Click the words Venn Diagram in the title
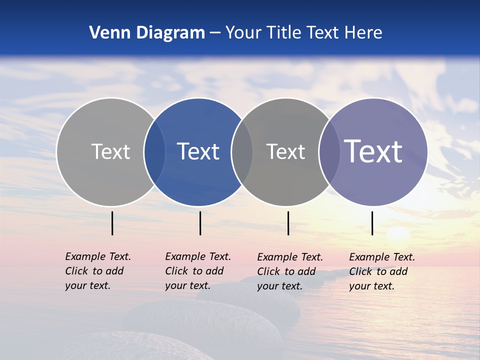click(147, 33)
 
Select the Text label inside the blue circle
click(198, 151)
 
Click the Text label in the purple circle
click(373, 151)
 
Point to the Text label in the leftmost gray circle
click(110, 151)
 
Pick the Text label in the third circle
click(285, 151)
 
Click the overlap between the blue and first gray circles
click(154, 151)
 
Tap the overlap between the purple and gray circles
click(329, 151)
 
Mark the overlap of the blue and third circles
click(242, 151)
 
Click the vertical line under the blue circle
click(200, 223)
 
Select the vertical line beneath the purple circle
click(372, 223)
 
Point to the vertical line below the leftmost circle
click(112, 223)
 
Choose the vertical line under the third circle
click(288, 223)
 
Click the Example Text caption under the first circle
click(97, 271)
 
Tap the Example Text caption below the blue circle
click(197, 271)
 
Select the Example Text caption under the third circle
click(289, 271)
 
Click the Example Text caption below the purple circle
click(381, 271)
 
